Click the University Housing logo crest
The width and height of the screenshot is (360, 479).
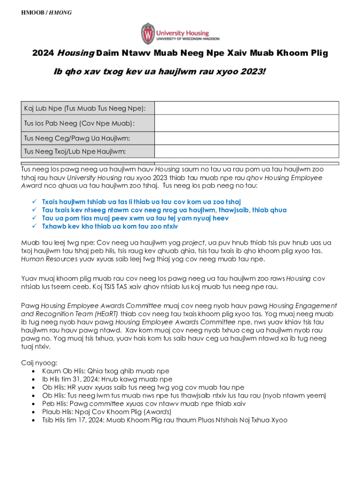[148, 33]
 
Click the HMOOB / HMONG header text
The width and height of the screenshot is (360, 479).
[46, 13]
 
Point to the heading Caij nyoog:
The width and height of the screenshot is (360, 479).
[40, 363]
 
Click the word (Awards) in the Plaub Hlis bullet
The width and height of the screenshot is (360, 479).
[157, 412]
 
